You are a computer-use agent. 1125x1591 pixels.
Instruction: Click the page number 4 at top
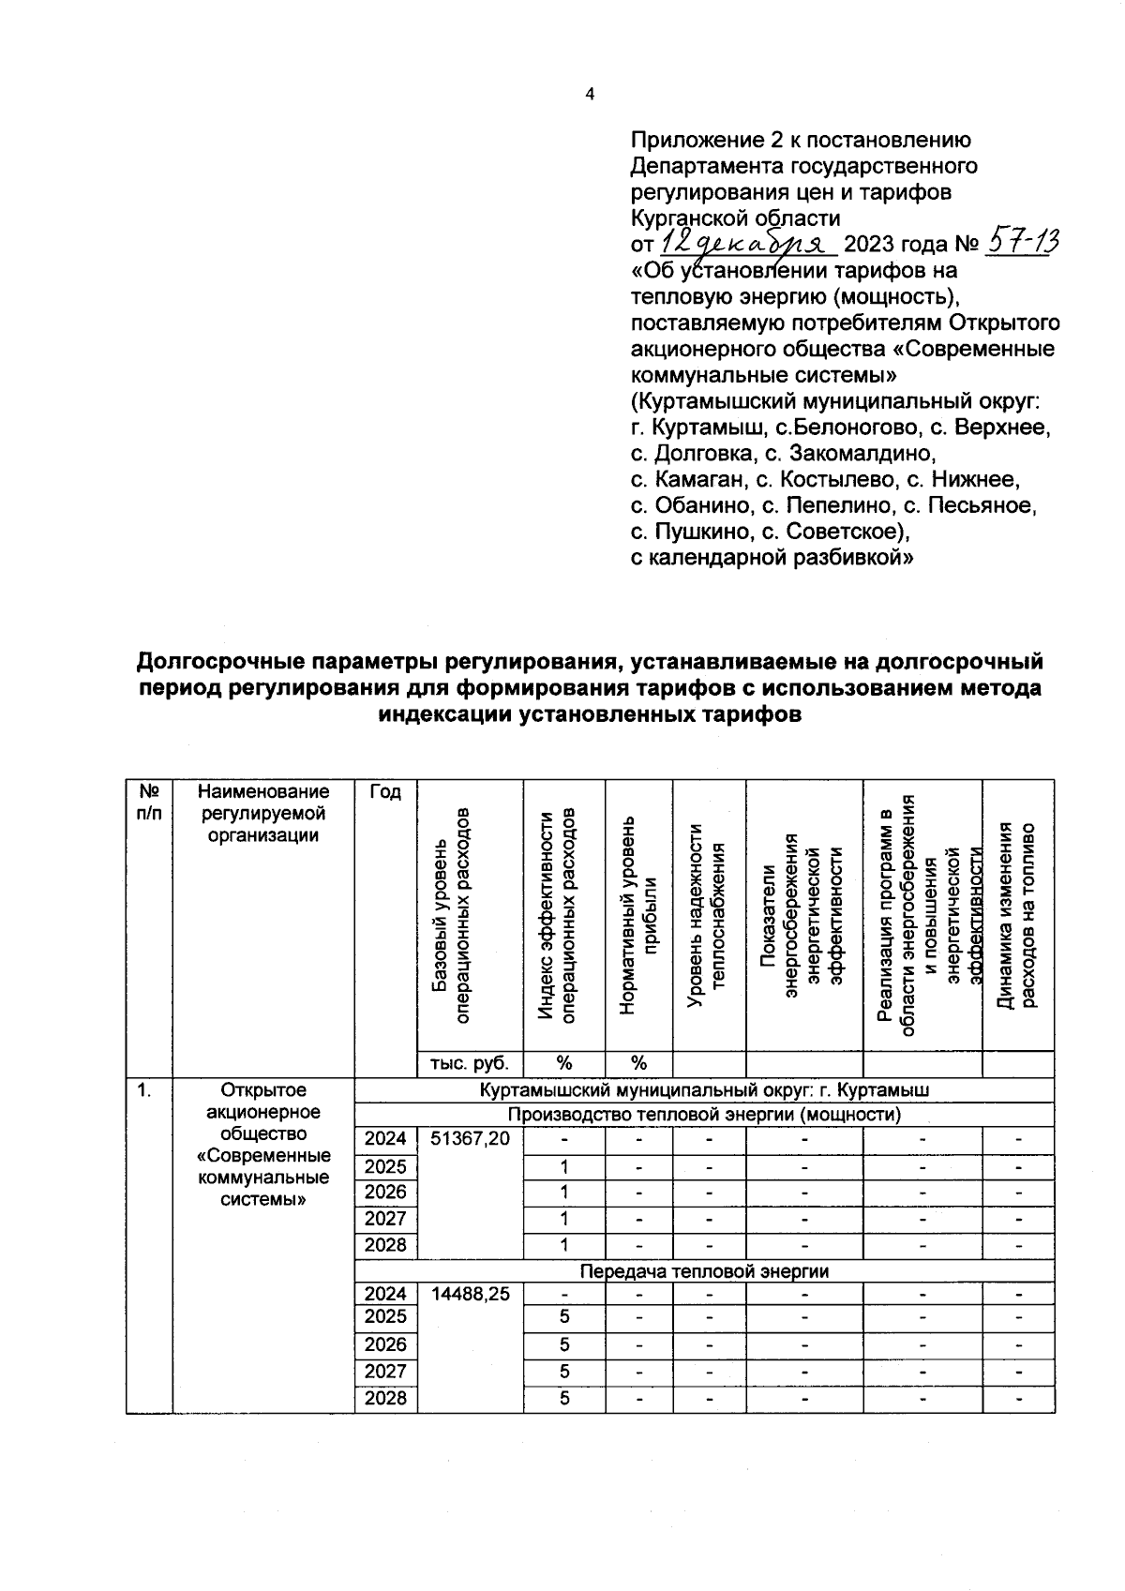(589, 94)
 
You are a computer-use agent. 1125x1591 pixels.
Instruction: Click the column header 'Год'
(384, 792)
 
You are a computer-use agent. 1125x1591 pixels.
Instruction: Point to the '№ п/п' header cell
(148, 803)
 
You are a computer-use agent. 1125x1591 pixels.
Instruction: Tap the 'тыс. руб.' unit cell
(470, 1063)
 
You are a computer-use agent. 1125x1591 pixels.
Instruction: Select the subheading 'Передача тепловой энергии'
(704, 1271)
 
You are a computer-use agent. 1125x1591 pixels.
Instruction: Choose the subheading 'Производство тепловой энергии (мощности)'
(704, 1115)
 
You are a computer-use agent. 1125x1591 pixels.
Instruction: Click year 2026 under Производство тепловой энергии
(385, 1192)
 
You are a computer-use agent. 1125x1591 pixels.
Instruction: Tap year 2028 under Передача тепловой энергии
(385, 1398)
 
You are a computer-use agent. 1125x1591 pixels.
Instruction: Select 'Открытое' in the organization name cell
(263, 1090)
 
